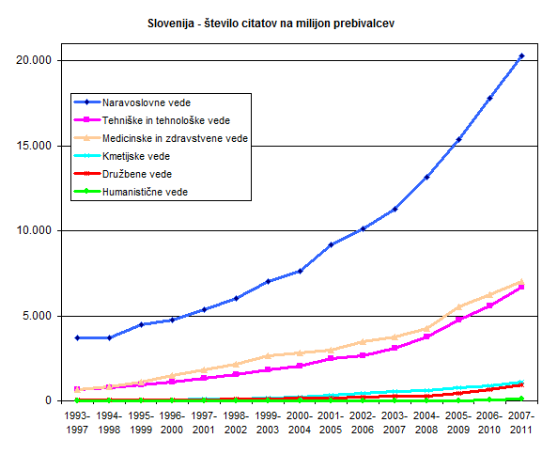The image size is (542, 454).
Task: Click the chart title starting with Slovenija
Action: coord(271,23)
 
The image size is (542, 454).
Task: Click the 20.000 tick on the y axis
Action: coord(34,60)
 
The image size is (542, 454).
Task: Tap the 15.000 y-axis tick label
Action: coord(34,146)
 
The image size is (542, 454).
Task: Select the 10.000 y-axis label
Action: coord(34,230)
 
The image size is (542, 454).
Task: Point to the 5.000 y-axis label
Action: coord(37,315)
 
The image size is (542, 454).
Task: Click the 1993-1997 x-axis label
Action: coord(77,423)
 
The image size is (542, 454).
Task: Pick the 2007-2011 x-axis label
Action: coord(521,423)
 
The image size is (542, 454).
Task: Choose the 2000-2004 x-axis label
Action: coord(300,423)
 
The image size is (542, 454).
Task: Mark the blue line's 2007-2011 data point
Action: coord(521,55)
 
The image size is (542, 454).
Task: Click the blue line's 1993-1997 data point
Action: coord(77,337)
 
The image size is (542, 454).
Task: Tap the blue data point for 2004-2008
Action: coord(426,177)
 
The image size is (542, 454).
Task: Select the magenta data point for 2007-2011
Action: coord(521,287)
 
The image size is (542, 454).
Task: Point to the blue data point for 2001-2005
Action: coord(331,244)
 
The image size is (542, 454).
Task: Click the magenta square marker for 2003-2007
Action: coord(395,348)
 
